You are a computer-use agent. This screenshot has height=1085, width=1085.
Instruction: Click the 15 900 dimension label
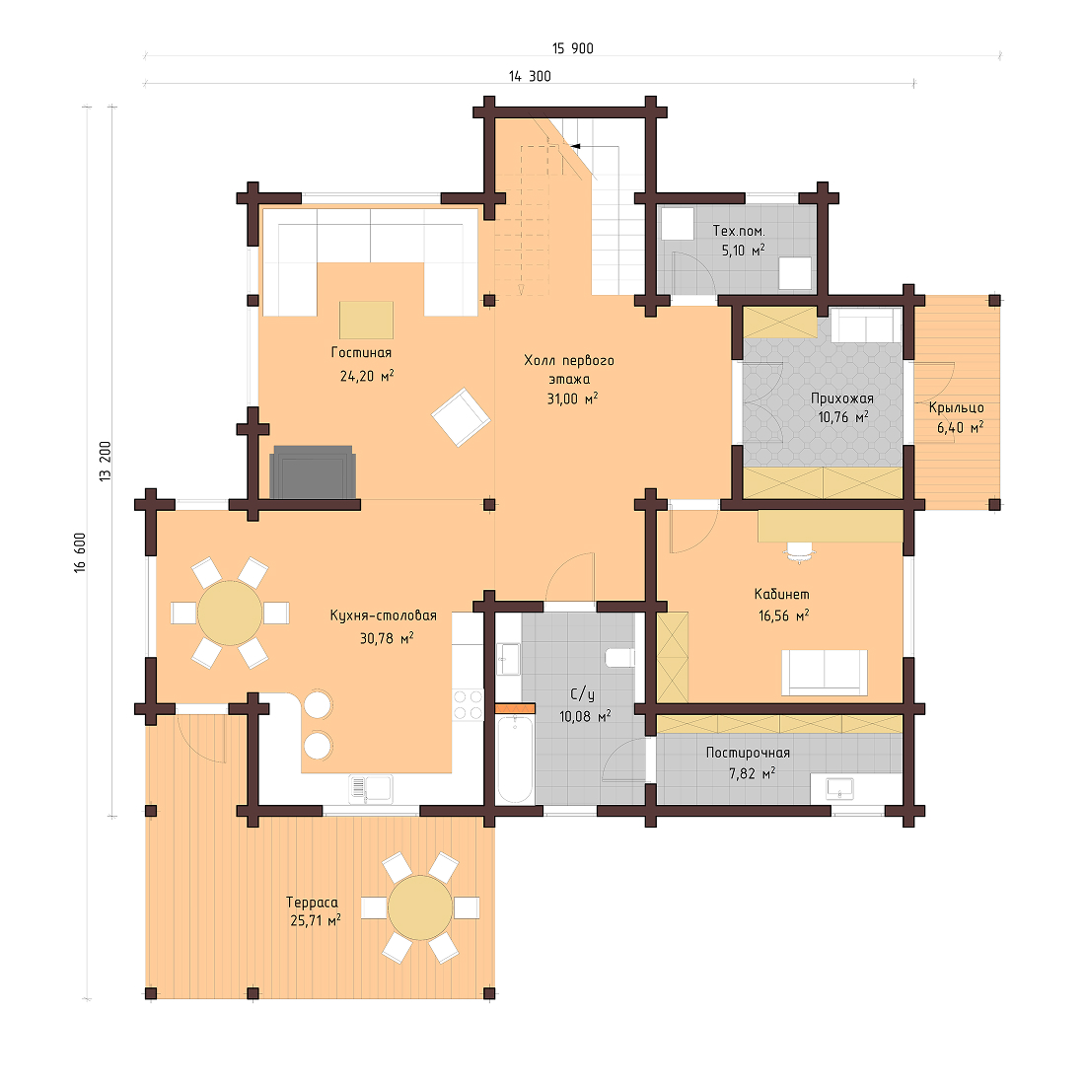[573, 48]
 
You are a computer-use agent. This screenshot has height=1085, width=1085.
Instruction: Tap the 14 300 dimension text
[530, 76]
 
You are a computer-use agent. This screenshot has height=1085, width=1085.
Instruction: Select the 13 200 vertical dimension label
[105, 461]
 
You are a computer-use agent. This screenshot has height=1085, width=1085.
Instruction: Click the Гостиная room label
[361, 353]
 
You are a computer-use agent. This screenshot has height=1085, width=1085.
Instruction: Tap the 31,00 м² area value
[571, 398]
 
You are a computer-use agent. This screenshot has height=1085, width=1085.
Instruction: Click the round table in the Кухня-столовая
[230, 613]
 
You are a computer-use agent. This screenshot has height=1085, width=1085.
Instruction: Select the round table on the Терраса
[420, 907]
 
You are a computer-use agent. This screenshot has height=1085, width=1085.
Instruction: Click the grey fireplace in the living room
[313, 472]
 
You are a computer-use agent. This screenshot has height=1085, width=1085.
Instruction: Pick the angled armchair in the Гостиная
[460, 417]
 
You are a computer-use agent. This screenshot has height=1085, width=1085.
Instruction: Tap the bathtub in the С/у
[514, 759]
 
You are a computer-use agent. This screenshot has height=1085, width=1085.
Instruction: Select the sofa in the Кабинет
[825, 672]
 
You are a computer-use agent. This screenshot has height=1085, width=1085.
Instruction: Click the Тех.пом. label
[739, 231]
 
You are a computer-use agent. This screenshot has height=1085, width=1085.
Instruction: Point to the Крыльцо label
[956, 407]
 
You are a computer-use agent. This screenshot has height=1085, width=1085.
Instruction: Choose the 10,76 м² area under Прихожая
[842, 417]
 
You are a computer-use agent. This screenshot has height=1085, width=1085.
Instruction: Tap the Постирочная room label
[748, 753]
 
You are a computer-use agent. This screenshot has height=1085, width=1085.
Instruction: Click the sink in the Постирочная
[840, 787]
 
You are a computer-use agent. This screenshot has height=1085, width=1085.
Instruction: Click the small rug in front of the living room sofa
[366, 321]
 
